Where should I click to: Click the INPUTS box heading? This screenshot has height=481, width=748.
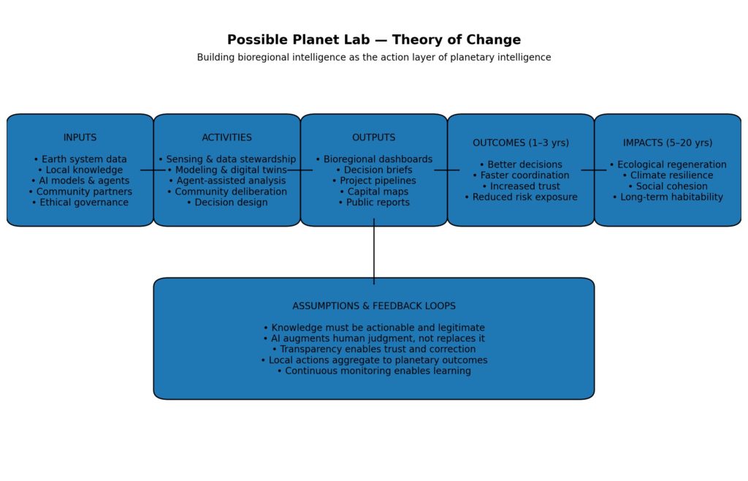[x=80, y=137]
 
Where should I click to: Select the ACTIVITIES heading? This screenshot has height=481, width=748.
[x=227, y=137]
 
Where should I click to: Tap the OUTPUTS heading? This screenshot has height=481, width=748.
[x=374, y=137]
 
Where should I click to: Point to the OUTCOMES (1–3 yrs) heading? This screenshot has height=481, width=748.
[x=521, y=143]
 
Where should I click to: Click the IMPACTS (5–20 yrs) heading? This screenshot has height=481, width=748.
[x=668, y=143]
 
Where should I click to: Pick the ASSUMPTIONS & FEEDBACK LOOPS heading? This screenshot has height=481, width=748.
[x=374, y=306]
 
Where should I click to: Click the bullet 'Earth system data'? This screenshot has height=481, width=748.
[x=80, y=159]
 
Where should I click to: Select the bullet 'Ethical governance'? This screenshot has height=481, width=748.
[x=80, y=202]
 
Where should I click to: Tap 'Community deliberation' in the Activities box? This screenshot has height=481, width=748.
[x=227, y=192]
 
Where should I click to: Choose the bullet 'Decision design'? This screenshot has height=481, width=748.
[x=227, y=202]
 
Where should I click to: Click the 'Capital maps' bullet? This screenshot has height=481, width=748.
[x=374, y=192]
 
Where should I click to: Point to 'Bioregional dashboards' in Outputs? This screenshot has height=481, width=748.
[x=374, y=159]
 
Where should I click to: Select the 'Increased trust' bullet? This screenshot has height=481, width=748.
[x=521, y=186]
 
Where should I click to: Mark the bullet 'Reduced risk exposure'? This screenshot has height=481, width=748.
[x=521, y=197]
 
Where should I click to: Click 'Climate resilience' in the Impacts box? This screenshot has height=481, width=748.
[x=668, y=175]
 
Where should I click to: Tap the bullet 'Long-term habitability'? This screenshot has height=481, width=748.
[x=668, y=197]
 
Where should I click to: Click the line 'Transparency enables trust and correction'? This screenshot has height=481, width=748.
[x=374, y=349]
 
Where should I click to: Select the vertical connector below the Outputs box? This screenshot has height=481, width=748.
[x=374, y=252]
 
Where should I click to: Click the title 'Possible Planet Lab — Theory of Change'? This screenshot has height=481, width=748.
[x=374, y=40]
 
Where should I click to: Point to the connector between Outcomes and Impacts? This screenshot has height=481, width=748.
[x=594, y=170]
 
